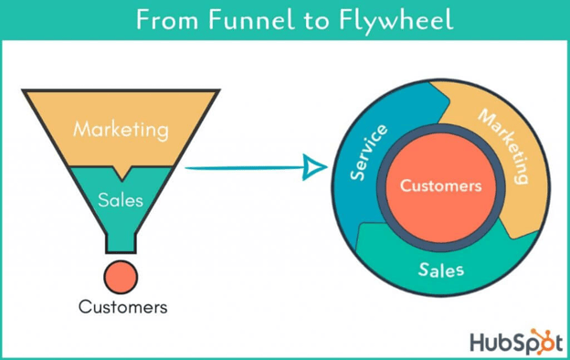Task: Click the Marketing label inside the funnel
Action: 121,129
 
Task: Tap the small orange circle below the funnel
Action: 121,274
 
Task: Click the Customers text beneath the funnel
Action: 123,307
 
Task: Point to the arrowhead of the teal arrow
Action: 313,167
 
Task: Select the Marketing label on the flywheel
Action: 503,146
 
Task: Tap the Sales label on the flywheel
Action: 440,270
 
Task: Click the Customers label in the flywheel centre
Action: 440,185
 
